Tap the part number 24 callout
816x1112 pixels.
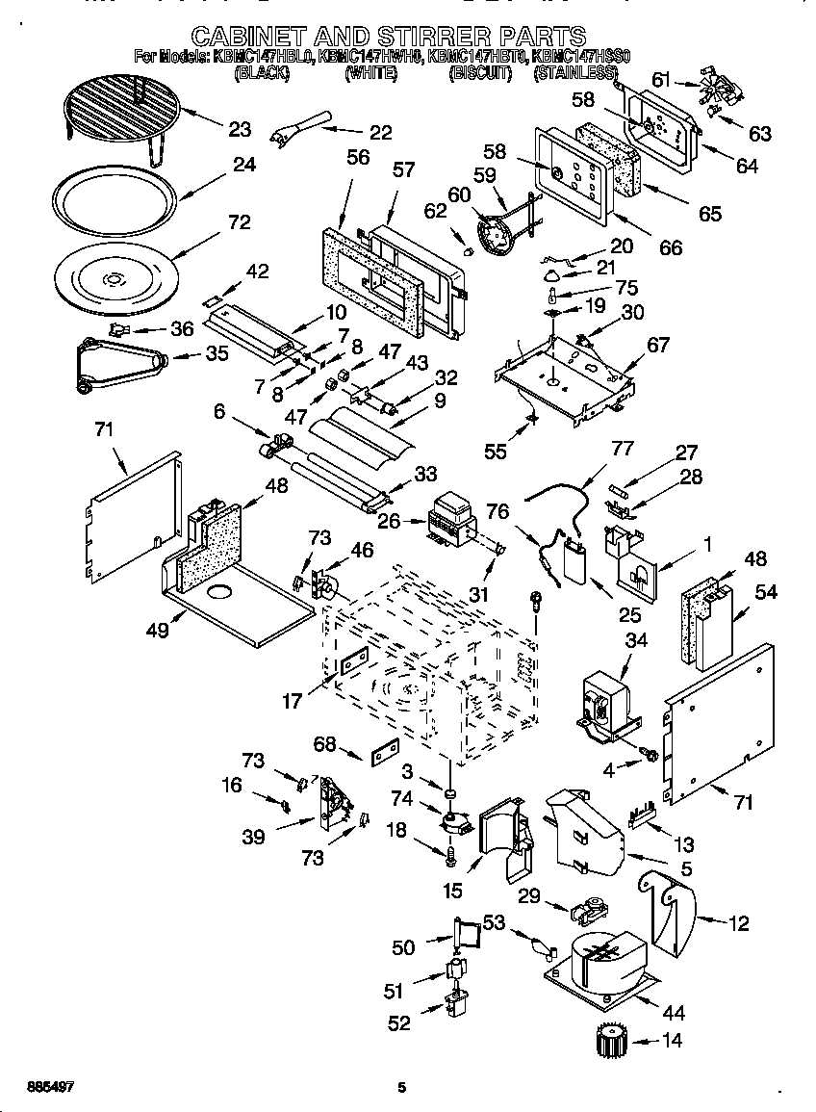[x=244, y=165]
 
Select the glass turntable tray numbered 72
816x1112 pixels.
[x=113, y=279]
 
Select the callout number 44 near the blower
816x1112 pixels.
[x=674, y=1012]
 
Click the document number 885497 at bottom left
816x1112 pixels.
[x=38, y=1086]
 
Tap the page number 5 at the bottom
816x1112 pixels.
[x=402, y=1088]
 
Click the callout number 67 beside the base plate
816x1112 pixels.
[x=657, y=346]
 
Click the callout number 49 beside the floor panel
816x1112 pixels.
[x=157, y=630]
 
